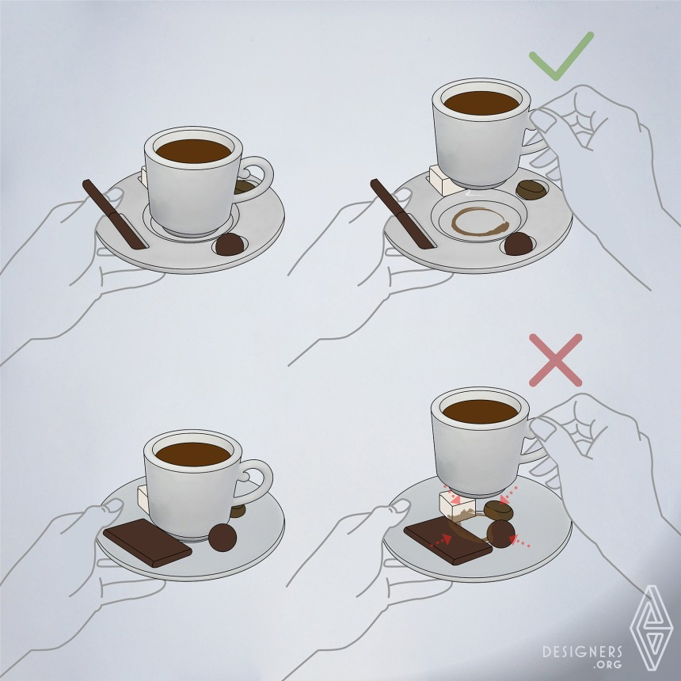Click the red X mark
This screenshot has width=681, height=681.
coord(555,360)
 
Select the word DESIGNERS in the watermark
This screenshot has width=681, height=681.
coord(582,652)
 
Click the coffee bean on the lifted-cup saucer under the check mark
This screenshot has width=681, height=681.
coord(531,189)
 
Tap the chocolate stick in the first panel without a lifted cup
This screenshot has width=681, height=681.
coord(115,215)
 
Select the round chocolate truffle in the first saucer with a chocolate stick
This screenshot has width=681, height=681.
coord(230,244)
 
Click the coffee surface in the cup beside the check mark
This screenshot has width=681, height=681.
coord(481,103)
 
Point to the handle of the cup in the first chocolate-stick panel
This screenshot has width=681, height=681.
coord(257,179)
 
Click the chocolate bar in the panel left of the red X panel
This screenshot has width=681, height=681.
coord(147,542)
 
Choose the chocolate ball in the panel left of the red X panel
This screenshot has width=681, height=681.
coord(223,537)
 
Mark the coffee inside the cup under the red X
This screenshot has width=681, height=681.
coord(480,411)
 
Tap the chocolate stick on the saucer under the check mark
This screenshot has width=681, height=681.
coord(403,215)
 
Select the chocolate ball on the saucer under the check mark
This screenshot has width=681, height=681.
coord(519,244)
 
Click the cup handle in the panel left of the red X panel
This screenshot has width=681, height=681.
coord(257,481)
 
